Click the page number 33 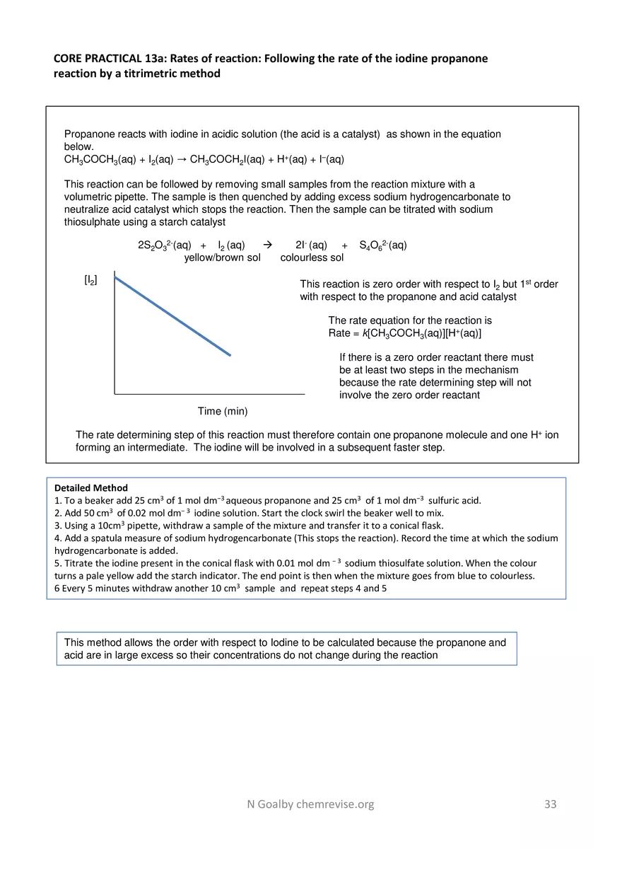[x=551, y=804]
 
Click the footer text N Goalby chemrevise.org [x=310, y=804]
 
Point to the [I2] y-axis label [x=90, y=281]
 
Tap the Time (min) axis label [x=223, y=411]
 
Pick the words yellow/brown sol [x=222, y=257]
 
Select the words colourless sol [x=312, y=257]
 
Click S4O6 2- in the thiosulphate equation [x=382, y=245]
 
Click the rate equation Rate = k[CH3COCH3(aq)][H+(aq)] [x=405, y=333]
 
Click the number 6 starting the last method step [x=57, y=588]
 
